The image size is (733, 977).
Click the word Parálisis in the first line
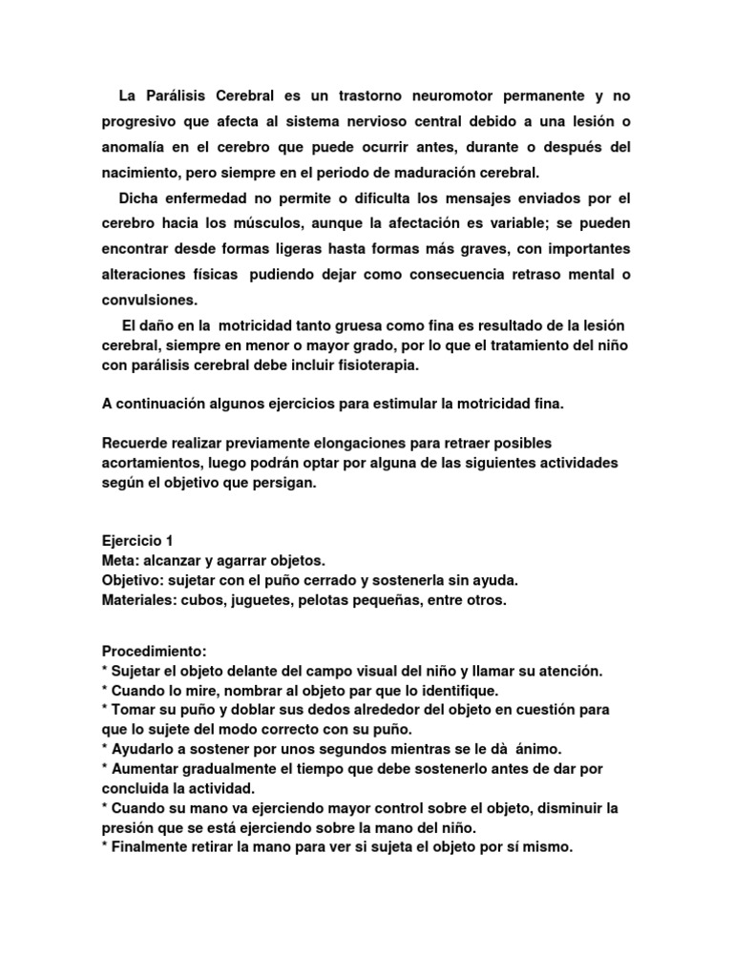point(179,97)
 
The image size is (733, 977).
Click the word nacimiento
point(143,173)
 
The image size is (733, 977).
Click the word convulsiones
point(149,299)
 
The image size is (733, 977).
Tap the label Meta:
point(120,560)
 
